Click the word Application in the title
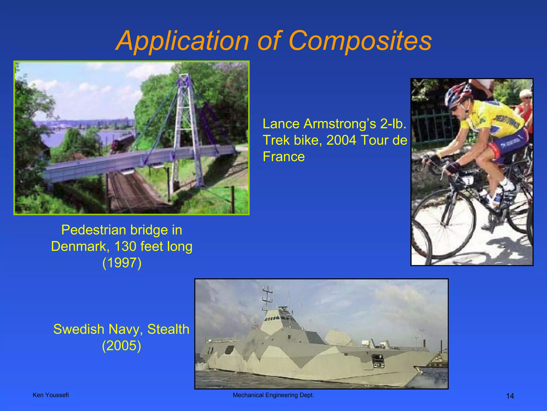[183, 41]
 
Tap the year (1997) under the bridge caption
[122, 263]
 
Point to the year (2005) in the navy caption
[122, 345]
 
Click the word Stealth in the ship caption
[168, 329]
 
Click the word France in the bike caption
[284, 157]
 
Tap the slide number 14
[510, 396]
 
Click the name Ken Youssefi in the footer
[51, 395]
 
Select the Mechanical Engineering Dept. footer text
[273, 395]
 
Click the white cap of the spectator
[525, 93]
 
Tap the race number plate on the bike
[468, 182]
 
